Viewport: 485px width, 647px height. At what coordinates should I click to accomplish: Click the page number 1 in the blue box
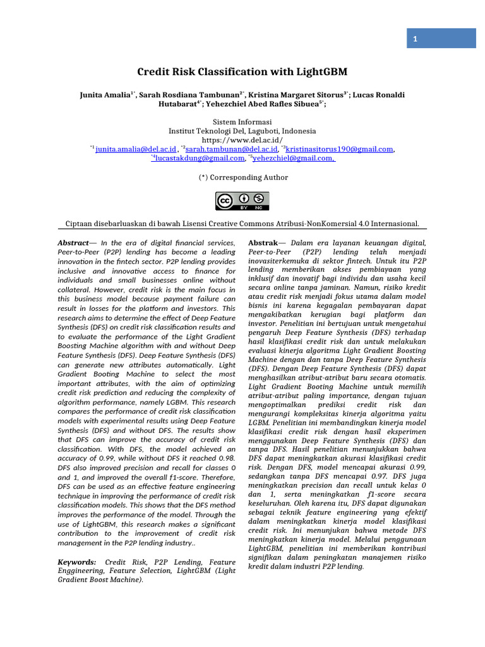[415, 39]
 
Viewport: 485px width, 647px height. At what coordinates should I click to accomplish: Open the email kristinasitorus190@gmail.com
[340, 149]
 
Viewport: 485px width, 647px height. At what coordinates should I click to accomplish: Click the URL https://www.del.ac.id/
[242, 140]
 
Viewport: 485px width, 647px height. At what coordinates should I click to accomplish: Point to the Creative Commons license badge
[242, 201]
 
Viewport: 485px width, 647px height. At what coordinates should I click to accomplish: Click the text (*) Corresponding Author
[243, 178]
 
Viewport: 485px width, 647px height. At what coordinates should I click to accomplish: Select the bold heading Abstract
[73, 243]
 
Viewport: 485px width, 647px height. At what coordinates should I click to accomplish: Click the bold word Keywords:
[77, 562]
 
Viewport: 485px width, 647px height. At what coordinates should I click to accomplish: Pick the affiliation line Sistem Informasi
[242, 121]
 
